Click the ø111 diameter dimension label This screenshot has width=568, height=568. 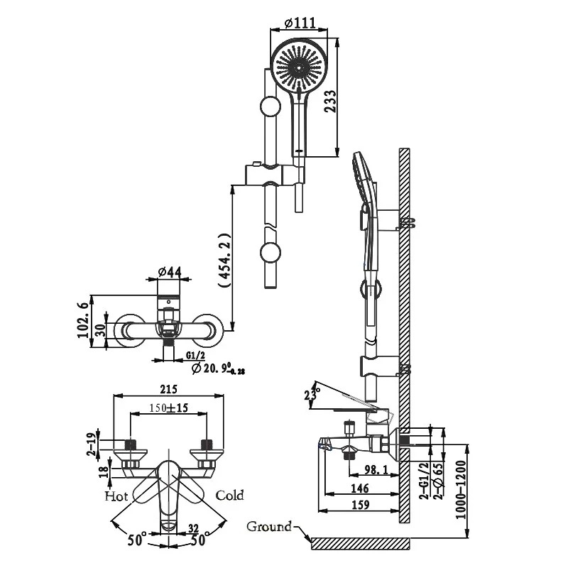click(299, 23)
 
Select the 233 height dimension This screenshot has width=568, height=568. click(330, 102)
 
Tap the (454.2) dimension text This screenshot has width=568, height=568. click(225, 261)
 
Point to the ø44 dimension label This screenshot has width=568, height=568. click(169, 271)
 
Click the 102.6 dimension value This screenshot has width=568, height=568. click(84, 321)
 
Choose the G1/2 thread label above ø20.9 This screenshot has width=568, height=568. click(196, 356)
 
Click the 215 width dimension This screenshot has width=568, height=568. click(169, 389)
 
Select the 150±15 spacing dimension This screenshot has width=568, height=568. click(169, 408)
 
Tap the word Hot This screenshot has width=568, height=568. click(116, 496)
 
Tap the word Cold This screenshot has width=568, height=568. click(230, 495)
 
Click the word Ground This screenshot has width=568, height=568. click(269, 526)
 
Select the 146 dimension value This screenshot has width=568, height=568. click(360, 488)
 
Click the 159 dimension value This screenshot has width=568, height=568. click(360, 505)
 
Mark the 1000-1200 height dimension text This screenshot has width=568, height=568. click(460, 490)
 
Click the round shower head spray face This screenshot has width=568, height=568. click(299, 67)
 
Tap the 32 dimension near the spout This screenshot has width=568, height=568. click(194, 529)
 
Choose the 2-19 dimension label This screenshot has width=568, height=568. click(93, 444)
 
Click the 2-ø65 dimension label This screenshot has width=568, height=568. click(439, 481)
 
